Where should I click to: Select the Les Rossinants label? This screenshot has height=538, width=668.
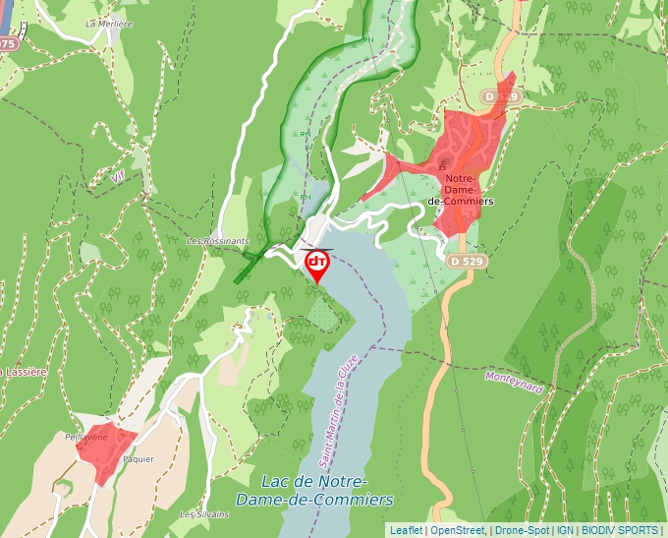(218, 241)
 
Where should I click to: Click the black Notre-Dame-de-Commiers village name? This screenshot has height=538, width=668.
(462, 188)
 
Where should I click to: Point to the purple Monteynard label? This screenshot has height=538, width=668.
(514, 382)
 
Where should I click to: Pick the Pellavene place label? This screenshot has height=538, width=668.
(84, 436)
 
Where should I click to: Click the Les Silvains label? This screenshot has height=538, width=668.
(203, 514)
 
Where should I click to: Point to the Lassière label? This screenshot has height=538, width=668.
(24, 373)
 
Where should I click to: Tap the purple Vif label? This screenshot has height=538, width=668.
(119, 177)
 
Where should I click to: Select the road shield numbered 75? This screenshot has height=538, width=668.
(8, 44)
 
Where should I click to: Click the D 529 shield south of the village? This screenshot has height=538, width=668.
(467, 262)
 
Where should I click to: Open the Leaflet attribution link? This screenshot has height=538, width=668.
(406, 530)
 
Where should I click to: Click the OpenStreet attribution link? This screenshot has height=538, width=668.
(458, 530)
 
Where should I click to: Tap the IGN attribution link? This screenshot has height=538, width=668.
(565, 530)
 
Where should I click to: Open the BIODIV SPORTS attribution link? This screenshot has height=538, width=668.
(620, 530)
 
